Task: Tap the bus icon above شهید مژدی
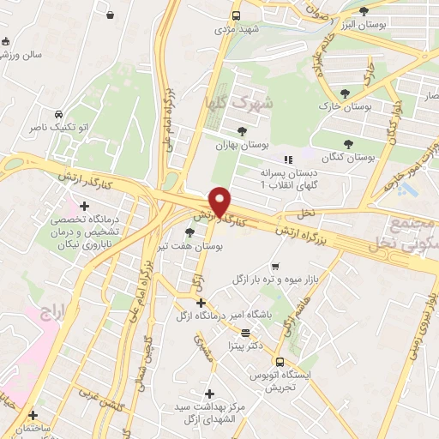coord(236,15)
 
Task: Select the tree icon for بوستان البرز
coord(364,11)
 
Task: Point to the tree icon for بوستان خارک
coord(345,93)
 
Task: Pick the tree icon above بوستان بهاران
coord(243,130)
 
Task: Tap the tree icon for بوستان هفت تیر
coord(190,232)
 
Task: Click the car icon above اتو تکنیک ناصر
coord(57,114)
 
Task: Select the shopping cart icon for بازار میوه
coord(274,267)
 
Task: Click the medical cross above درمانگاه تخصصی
coord(84,206)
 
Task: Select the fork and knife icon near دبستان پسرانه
coord(288,159)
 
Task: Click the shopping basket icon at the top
coord(111,15)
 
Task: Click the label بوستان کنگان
coord(351,158)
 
